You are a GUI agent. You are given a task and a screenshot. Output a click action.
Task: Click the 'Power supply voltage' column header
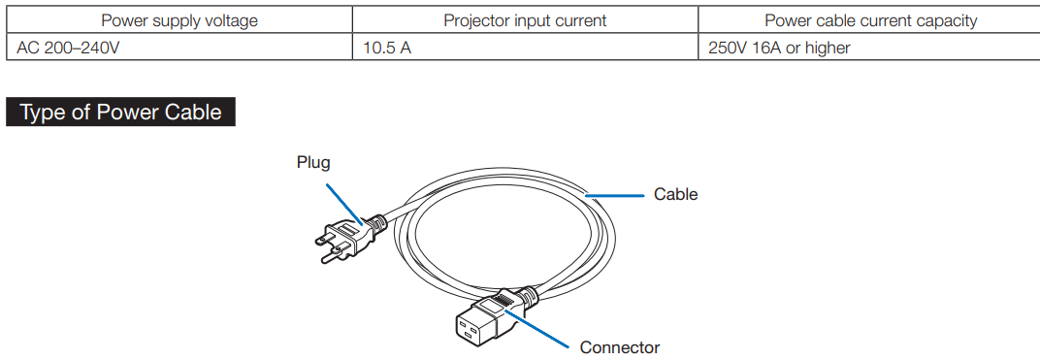pyautogui.click(x=179, y=20)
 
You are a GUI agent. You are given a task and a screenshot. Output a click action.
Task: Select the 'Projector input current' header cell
pyautogui.click(x=525, y=20)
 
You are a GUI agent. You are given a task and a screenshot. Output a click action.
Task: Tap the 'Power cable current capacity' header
pyautogui.click(x=870, y=20)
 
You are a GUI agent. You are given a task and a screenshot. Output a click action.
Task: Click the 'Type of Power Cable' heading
pyautogui.click(x=120, y=112)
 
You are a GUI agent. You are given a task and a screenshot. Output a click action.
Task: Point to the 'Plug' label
pyautogui.click(x=313, y=162)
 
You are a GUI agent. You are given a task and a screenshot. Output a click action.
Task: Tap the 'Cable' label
pyautogui.click(x=676, y=194)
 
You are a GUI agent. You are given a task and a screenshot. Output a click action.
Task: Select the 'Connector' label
pyautogui.click(x=620, y=347)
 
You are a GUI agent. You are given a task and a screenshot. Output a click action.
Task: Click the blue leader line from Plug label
pyautogui.click(x=343, y=204)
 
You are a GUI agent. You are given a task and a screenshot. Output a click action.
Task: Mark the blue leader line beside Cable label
pyautogui.click(x=615, y=196)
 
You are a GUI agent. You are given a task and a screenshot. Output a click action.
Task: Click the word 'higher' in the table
pyautogui.click(x=829, y=48)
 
